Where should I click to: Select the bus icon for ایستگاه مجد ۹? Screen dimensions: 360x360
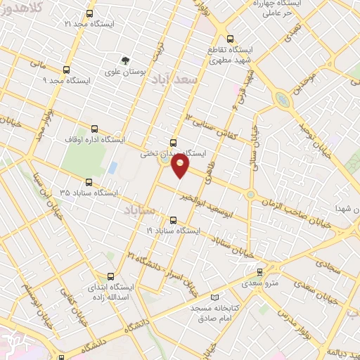point(67,70)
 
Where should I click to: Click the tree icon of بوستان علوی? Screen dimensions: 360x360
point(125,61)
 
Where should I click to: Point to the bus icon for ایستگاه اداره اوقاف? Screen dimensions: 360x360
point(95,139)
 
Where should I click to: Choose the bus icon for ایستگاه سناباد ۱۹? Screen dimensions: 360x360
point(174,219)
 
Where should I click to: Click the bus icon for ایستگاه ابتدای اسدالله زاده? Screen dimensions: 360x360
point(108,277)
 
